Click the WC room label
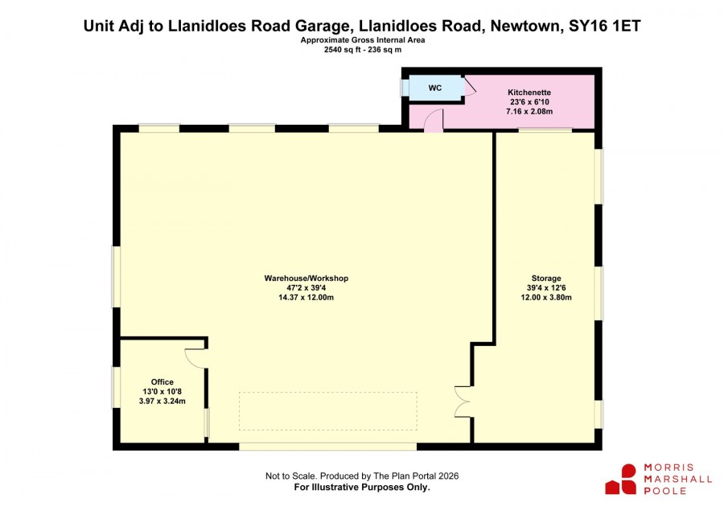pos(435,88)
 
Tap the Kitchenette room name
pos(529,93)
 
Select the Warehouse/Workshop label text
pos(306,278)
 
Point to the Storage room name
pos(546,278)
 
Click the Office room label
pos(162,382)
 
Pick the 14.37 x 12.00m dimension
pos(306,298)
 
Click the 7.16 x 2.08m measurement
pos(529,111)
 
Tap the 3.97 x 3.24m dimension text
pos(162,401)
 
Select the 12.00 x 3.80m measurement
pos(546,298)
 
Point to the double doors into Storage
pos(463,402)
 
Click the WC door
pos(470,86)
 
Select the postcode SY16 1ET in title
pos(604,26)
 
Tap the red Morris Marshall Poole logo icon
pos(621,480)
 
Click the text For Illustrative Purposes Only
pos(362,487)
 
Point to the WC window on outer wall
pos(404,89)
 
